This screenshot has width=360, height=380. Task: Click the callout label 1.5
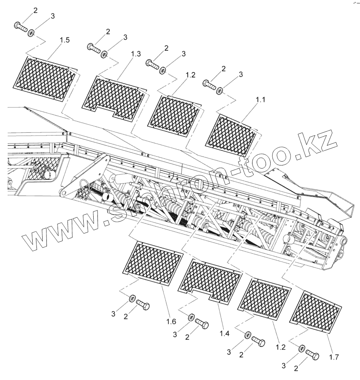coord(64,40)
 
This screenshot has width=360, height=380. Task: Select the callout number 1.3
coord(135,54)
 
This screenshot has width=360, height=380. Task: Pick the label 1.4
coord(225,334)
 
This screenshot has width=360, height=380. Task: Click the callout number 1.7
coord(334,357)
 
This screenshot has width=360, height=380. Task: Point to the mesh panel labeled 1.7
coord(317,312)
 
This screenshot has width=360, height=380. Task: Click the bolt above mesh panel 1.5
coord(20,26)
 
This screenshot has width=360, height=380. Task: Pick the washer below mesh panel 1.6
coord(132,298)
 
